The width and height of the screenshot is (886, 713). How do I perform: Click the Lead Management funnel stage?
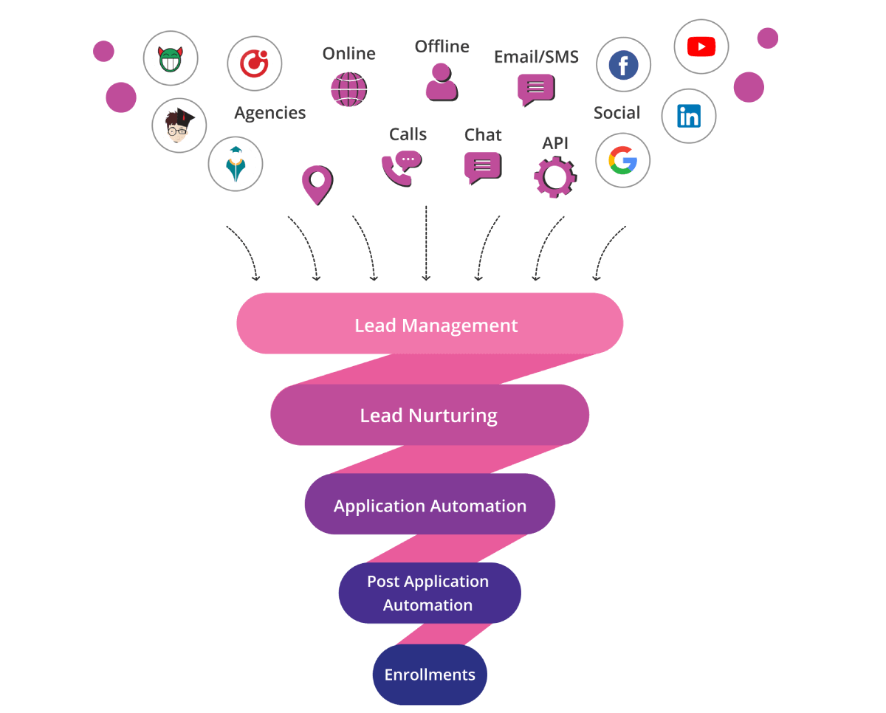point(430,325)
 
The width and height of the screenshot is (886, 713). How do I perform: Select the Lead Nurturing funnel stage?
point(429,415)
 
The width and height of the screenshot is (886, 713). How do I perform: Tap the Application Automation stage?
point(430,506)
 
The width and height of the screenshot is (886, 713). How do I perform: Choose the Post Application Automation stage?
point(429,593)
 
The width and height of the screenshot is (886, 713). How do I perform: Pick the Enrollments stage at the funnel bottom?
point(430,675)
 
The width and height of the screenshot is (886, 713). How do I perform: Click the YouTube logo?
point(701,47)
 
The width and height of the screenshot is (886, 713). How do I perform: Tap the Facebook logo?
point(623,66)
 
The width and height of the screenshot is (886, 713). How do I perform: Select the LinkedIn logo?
point(688,116)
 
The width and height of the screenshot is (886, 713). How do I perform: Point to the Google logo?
point(622,160)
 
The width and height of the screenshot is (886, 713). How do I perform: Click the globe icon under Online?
point(348,89)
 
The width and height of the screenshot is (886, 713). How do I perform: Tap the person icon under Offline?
point(442,82)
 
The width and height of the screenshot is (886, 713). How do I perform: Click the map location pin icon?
point(317,184)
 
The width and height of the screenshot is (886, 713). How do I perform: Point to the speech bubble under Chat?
point(483,168)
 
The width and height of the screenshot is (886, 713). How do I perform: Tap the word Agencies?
point(269,113)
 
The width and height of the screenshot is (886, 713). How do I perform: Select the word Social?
point(617,113)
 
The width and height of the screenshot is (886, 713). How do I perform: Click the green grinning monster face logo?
point(170,58)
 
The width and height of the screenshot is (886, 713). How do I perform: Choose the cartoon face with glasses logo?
point(179,125)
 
